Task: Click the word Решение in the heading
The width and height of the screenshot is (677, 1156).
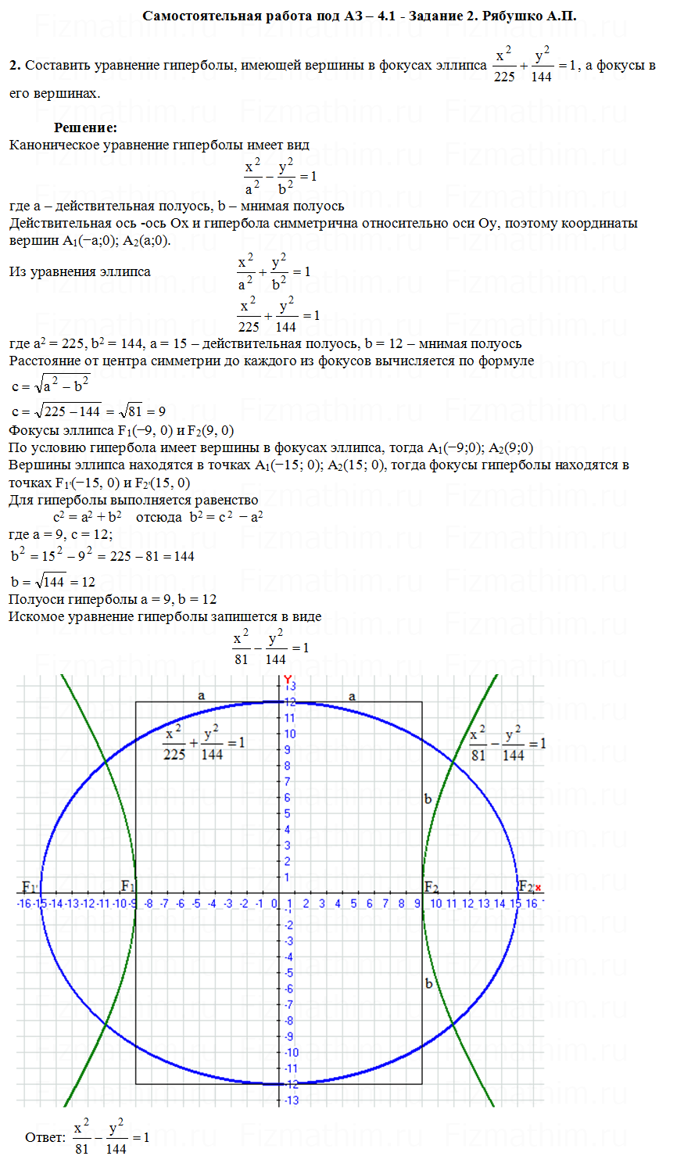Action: [85, 127]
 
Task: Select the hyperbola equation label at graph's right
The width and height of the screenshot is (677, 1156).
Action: [507, 744]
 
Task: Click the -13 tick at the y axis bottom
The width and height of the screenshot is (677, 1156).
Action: [291, 1100]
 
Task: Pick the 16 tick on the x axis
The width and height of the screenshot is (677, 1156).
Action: [532, 903]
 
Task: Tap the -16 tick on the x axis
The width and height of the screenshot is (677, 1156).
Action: [24, 903]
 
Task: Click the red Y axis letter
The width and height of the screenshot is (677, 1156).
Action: [287, 679]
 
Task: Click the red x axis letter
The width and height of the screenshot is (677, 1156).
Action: [538, 888]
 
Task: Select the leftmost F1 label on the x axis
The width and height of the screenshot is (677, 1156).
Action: [29, 887]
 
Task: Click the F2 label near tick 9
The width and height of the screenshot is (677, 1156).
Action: [431, 887]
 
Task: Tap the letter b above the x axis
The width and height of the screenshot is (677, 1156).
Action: [428, 799]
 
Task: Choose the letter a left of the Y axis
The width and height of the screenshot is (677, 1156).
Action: [201, 695]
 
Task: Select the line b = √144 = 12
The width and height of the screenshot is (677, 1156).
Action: [53, 582]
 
